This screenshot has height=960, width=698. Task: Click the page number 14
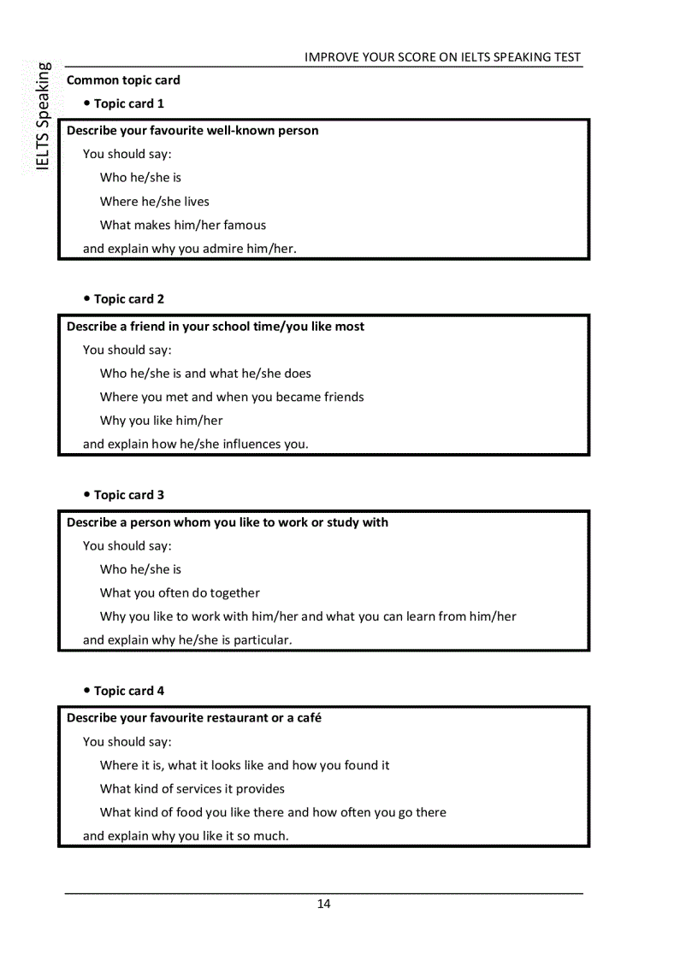pyautogui.click(x=323, y=904)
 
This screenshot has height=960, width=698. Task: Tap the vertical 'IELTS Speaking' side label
pyautogui.click(x=43, y=116)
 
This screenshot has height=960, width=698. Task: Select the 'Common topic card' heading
pyautogui.click(x=123, y=80)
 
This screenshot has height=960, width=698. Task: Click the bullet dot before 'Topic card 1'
pyautogui.click(x=87, y=103)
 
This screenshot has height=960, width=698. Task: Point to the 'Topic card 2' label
pyautogui.click(x=129, y=299)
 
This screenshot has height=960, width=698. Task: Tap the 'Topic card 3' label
pyautogui.click(x=129, y=495)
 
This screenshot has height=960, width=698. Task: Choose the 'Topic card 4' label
pyautogui.click(x=129, y=691)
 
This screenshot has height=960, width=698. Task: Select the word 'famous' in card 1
pyautogui.click(x=245, y=226)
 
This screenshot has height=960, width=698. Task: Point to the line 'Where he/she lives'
pyautogui.click(x=154, y=202)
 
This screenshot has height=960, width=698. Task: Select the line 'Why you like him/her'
pyautogui.click(x=161, y=421)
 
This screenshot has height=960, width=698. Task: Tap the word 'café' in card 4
pyautogui.click(x=308, y=718)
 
